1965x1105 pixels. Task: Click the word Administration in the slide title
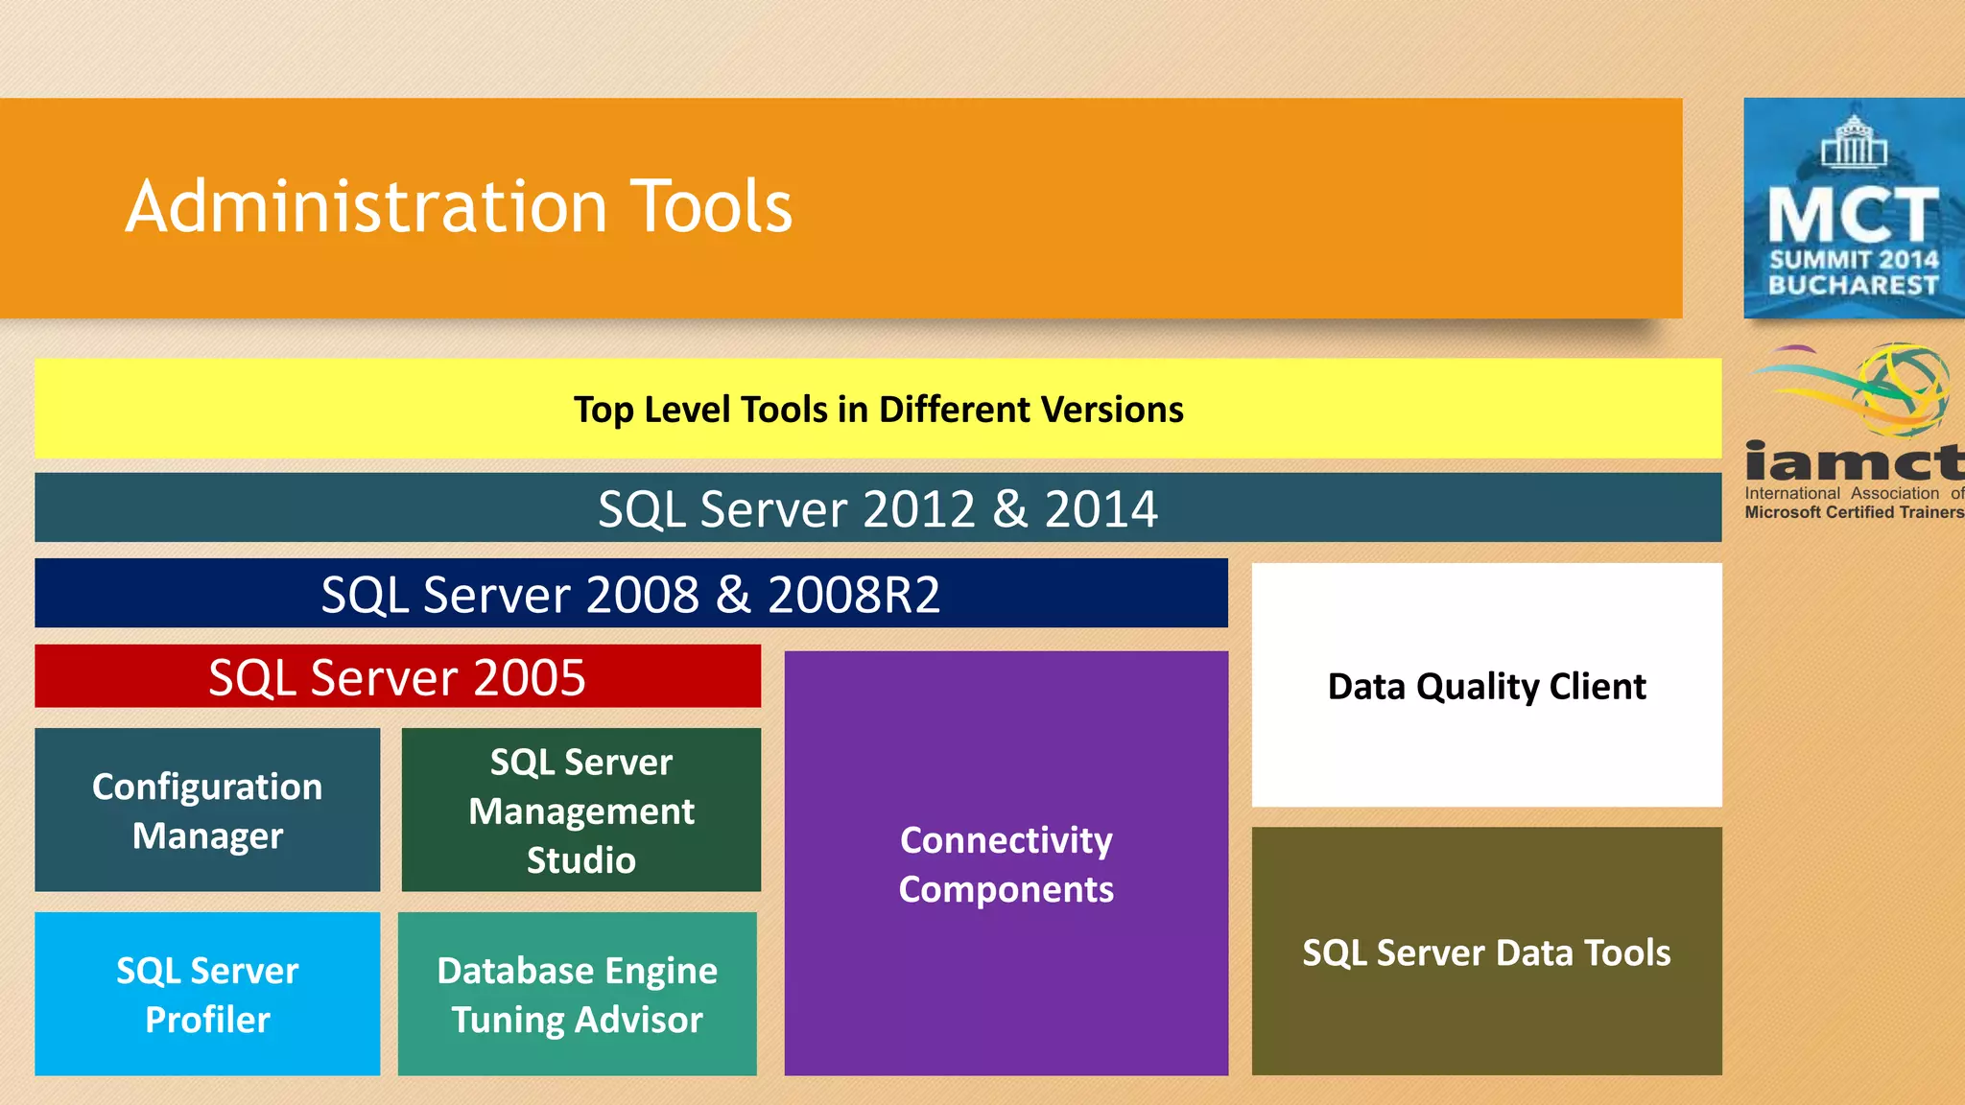pyautogui.click(x=367, y=206)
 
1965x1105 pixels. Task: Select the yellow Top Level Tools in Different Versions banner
pyautogui.click(x=878, y=410)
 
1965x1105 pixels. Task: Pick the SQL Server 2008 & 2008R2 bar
pyautogui.click(x=630, y=594)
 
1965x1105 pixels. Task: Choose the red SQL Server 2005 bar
pyautogui.click(x=397, y=677)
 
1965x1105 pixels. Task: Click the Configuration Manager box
pyautogui.click(x=207, y=811)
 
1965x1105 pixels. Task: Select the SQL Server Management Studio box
pyautogui.click(x=580, y=811)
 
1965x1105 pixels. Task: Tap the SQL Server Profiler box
pyautogui.click(x=207, y=994)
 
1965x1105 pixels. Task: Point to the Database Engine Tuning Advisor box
pyautogui.click(x=577, y=994)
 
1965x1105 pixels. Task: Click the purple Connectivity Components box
pyautogui.click(x=1006, y=863)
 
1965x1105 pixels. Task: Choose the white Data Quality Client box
pyautogui.click(x=1486, y=686)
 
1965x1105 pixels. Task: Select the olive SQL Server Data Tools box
pyautogui.click(x=1486, y=952)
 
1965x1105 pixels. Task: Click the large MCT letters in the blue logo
pyautogui.click(x=1854, y=215)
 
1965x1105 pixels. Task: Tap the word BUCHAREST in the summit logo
pyautogui.click(x=1854, y=285)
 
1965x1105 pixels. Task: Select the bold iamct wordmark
pyautogui.click(x=1854, y=462)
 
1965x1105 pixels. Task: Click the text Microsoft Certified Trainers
pyautogui.click(x=1854, y=512)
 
